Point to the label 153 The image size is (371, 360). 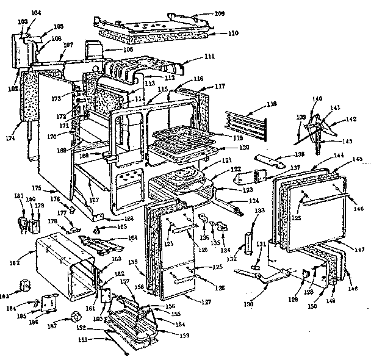183,335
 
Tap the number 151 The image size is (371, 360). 97,339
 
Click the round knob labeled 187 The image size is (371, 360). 76,316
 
